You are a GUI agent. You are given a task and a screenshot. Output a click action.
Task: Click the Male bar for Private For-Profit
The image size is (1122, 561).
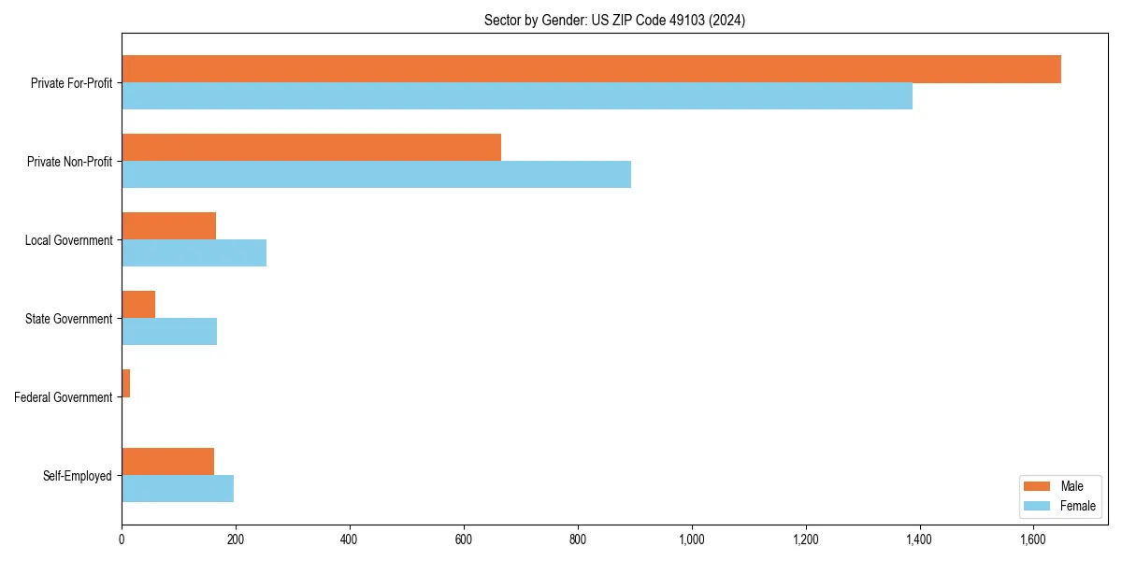tap(591, 69)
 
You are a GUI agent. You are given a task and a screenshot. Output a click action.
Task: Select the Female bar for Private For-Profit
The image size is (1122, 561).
tap(517, 96)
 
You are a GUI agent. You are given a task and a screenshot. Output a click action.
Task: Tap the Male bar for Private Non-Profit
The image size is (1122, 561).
tap(311, 148)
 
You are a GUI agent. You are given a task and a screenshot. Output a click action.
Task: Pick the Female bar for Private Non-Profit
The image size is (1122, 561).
tap(376, 175)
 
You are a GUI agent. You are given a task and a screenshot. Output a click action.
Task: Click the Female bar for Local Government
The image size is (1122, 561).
tap(194, 253)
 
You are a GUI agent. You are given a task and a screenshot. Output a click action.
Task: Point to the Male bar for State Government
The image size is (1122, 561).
tap(138, 305)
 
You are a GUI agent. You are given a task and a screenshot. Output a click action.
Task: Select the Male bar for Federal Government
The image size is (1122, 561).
tap(126, 383)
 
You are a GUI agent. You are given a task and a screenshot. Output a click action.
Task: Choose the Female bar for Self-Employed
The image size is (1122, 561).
tap(178, 489)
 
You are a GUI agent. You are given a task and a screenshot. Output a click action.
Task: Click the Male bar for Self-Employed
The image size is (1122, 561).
tap(168, 462)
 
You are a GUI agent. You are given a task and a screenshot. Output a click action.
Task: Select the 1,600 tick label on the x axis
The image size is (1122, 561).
tap(1033, 539)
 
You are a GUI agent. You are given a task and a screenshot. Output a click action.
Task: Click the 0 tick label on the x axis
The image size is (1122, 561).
tap(122, 539)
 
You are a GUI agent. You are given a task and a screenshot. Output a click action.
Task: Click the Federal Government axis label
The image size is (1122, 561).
tap(64, 397)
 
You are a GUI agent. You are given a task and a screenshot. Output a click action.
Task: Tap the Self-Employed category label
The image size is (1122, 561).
tap(78, 476)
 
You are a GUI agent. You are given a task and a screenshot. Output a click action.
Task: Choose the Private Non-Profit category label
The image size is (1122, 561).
tap(69, 162)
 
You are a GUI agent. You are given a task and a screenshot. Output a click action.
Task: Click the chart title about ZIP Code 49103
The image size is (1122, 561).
tap(614, 20)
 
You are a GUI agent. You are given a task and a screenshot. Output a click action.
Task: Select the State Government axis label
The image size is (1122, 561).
tap(69, 319)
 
